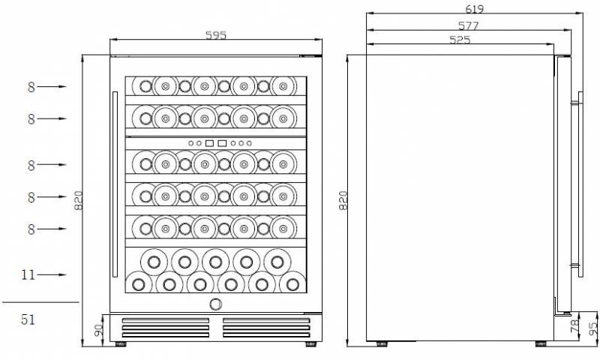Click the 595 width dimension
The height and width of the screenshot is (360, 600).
click(216, 35)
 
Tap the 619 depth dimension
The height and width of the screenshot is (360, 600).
click(475, 8)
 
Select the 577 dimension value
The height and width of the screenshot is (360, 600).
click(468, 25)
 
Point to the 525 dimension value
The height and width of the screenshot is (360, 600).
click(460, 40)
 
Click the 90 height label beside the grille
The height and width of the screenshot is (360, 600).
click(99, 330)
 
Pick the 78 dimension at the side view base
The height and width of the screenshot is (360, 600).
click(574, 326)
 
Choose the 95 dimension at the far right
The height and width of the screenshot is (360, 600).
click(593, 328)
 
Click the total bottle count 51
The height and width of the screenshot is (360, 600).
click(28, 319)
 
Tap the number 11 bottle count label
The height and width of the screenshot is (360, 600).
click(28, 274)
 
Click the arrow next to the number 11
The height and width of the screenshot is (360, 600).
click(52, 274)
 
